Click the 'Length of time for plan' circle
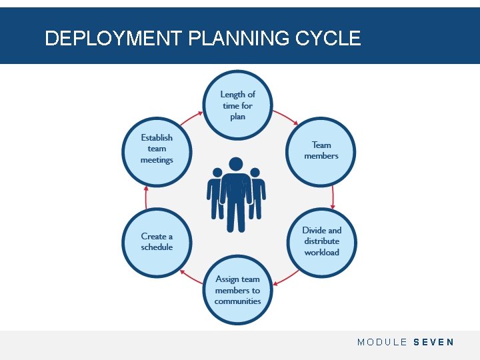pos(238,105)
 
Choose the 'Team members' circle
pos(321,151)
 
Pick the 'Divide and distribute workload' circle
pos(321,241)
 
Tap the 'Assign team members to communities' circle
pos(238,290)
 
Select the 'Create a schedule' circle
pos(157,241)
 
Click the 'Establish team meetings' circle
pos(157,149)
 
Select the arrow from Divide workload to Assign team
pos(287,278)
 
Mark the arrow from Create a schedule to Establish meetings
pos(146,196)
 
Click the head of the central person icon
pos(236,163)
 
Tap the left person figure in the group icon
pos(215,193)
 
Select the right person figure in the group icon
pos(257,193)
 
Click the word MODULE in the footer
pos(382,342)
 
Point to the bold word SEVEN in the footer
pos(433,342)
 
